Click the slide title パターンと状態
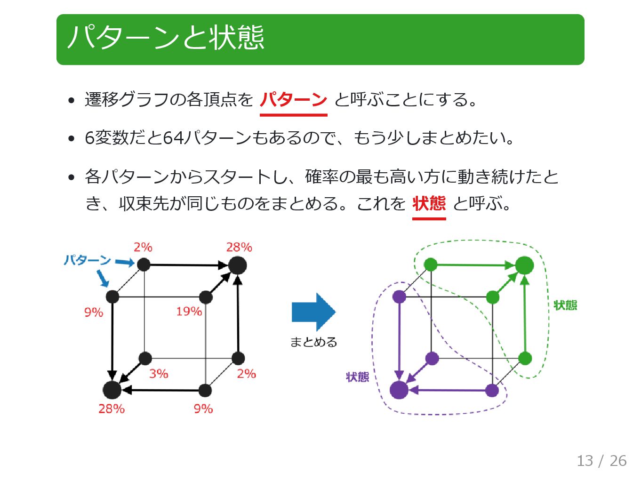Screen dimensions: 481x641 pos(166,38)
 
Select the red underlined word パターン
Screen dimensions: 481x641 pos(293,100)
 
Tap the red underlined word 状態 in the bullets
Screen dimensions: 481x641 pos(429,203)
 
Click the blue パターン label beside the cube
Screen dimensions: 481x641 pos(87,260)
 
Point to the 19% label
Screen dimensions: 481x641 pos(189,312)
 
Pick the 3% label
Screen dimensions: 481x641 pos(159,374)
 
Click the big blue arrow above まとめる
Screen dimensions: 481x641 pos(313,312)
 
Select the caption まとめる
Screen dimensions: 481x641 pos(313,342)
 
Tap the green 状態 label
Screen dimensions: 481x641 pos(565,305)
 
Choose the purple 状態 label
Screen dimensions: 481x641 pos(357,377)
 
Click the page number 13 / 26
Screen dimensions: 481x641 pos(601,460)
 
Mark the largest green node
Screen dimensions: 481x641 pos(524,265)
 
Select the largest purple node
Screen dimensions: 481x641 pos(399,390)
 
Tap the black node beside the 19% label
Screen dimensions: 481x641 pos(206,297)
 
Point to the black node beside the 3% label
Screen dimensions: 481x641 pos(145,359)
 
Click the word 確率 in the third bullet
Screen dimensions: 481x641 pos(321,177)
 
